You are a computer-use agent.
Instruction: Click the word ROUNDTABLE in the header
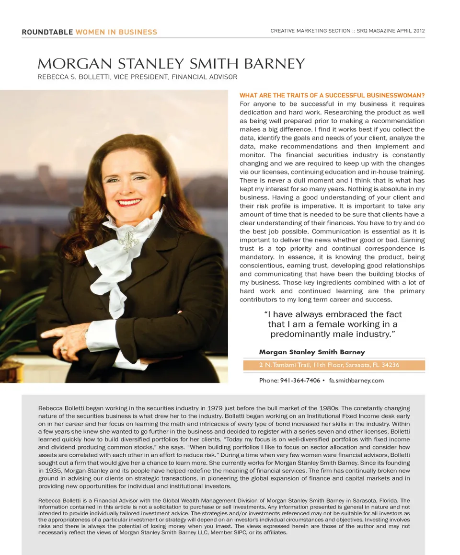click(x=47, y=32)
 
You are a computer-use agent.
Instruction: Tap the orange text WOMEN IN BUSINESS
click(x=116, y=32)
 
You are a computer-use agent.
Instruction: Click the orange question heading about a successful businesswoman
click(x=332, y=95)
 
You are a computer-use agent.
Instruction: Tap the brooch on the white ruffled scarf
click(x=128, y=238)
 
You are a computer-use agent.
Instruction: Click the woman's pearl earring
click(x=164, y=195)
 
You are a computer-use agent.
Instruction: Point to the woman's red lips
click(x=130, y=202)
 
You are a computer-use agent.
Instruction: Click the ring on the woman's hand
click(x=63, y=349)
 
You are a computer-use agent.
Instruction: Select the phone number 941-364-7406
click(x=300, y=381)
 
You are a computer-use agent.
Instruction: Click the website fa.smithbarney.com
click(x=356, y=381)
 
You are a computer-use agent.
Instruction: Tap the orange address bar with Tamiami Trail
click(x=334, y=365)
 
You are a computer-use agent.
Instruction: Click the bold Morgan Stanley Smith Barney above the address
click(x=311, y=352)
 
